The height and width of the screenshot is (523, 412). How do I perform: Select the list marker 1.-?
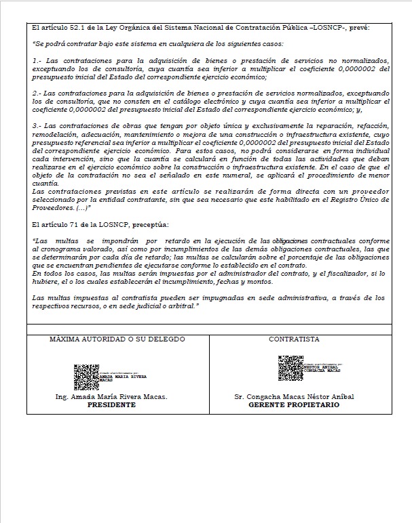click(x=37, y=60)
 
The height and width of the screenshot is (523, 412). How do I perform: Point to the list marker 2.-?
click(x=37, y=92)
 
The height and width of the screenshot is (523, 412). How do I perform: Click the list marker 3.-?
click(x=37, y=125)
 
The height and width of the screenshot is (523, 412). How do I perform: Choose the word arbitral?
click(x=181, y=306)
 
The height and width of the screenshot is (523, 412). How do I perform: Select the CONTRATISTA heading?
click(x=293, y=339)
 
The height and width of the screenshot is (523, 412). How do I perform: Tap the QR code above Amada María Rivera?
click(x=86, y=375)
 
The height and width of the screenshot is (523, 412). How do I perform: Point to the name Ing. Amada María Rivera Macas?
click(x=112, y=396)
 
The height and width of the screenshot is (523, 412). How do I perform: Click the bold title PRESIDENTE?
click(x=112, y=404)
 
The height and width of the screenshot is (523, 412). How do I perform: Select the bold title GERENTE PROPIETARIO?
click(x=293, y=404)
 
